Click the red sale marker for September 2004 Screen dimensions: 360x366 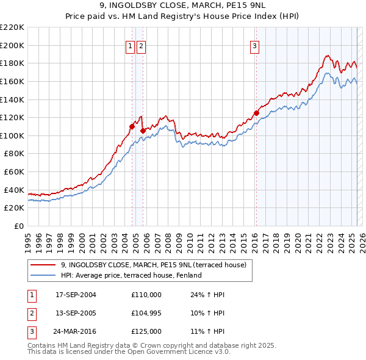click(132, 127)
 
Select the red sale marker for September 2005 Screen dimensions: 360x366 click(142, 130)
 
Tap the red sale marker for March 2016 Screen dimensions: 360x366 click(257, 113)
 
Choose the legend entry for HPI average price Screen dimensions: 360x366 click(131, 275)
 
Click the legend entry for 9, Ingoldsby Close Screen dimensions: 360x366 click(153, 265)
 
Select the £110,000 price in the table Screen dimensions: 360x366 click(146, 295)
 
